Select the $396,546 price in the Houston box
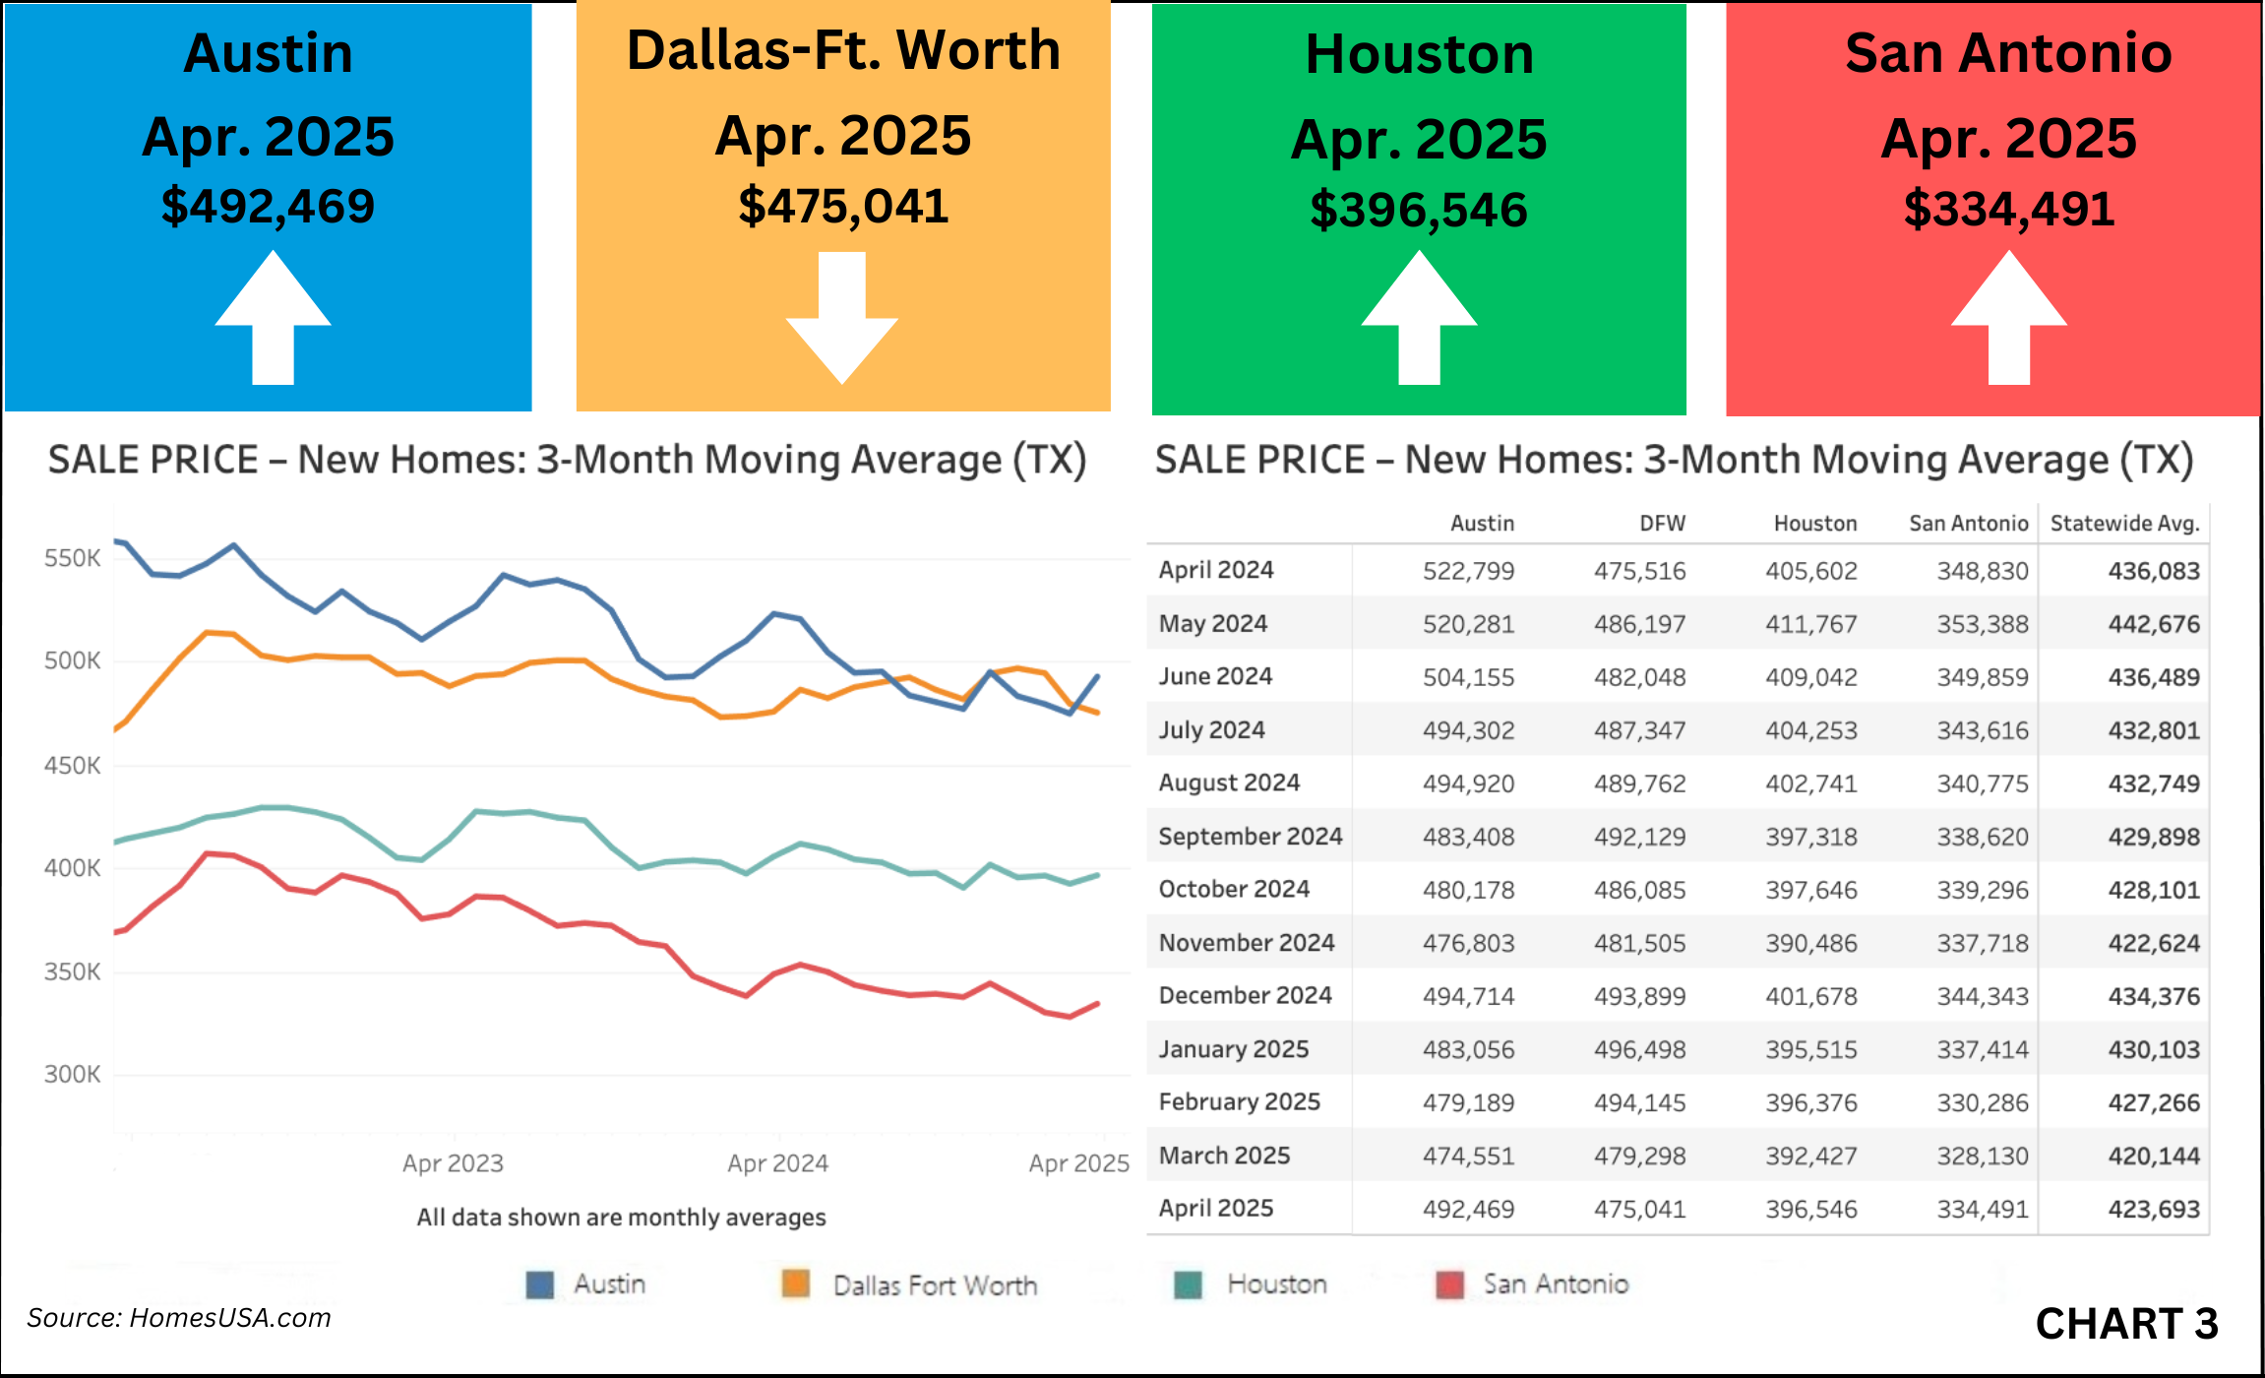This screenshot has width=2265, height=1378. [1418, 211]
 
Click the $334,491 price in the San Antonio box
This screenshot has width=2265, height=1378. [2008, 210]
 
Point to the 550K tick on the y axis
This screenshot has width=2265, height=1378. [72, 558]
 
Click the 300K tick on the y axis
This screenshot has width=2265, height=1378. [72, 1074]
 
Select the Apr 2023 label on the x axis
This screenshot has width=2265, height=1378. [453, 1163]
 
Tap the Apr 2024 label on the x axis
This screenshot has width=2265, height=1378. [777, 1163]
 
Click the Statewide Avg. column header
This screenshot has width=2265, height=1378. [2124, 524]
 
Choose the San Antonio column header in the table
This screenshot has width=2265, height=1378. [1968, 524]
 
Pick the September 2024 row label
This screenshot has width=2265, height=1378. [1250, 837]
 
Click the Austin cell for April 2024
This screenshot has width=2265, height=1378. [1468, 571]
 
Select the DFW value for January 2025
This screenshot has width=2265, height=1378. [1639, 1049]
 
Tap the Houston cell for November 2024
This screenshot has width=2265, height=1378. [1810, 943]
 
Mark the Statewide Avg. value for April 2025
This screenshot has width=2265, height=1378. [2153, 1209]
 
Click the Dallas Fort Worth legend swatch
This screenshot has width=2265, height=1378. [795, 1284]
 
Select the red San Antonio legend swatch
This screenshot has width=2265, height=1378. [1449, 1284]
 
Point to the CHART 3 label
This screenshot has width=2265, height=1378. [2126, 1324]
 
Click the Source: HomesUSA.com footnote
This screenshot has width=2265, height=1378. [179, 1318]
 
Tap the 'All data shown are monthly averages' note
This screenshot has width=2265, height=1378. [621, 1218]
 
